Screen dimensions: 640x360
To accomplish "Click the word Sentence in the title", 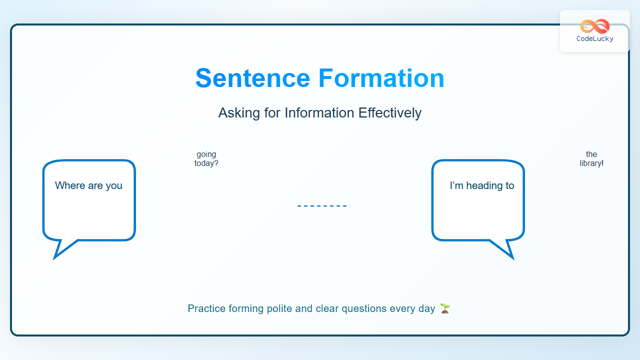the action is point(252,78).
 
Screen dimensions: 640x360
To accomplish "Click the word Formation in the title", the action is point(381,78).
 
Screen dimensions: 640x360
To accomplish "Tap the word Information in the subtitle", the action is point(319,112).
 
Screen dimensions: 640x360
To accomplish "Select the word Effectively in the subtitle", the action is point(390,113).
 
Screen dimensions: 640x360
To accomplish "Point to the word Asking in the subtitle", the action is point(239,113).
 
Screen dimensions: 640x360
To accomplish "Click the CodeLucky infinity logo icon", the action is point(595,26).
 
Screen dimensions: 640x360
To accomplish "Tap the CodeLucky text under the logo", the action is point(595,38).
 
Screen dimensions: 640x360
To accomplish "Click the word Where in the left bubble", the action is point(70,185).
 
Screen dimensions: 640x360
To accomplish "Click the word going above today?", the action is point(206,154).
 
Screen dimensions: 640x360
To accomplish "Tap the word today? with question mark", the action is point(206,163).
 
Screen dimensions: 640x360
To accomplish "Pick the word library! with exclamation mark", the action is point(591,163).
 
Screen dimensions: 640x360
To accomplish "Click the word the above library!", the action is point(591,154).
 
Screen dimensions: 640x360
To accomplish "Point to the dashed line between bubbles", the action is point(322,205).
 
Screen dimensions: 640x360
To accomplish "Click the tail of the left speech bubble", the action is point(63,249).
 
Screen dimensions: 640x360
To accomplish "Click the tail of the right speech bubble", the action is point(505,249).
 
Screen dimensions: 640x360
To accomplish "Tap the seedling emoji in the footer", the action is point(445,308).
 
